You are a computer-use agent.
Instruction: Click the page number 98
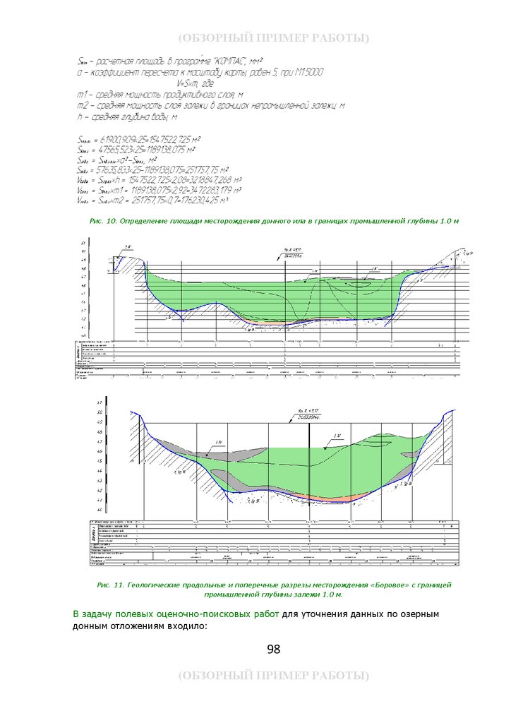[x=273, y=649]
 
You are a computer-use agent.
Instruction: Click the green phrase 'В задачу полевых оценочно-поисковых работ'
[x=176, y=614]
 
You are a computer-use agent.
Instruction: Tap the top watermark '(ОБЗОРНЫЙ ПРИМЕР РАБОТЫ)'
[x=273, y=37]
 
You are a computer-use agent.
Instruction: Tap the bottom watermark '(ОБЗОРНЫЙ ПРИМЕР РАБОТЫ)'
[x=273, y=676]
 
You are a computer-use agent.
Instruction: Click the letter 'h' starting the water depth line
[x=79, y=116]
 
